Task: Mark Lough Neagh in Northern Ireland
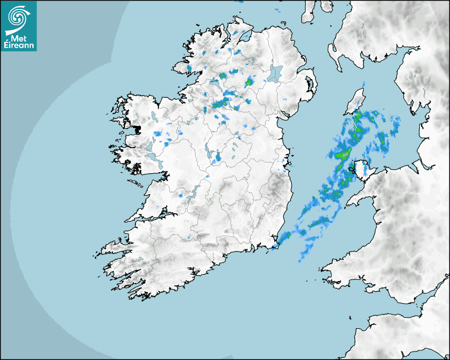click(275, 73)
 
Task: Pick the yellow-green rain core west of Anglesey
click(343, 155)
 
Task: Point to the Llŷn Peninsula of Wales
click(355, 199)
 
